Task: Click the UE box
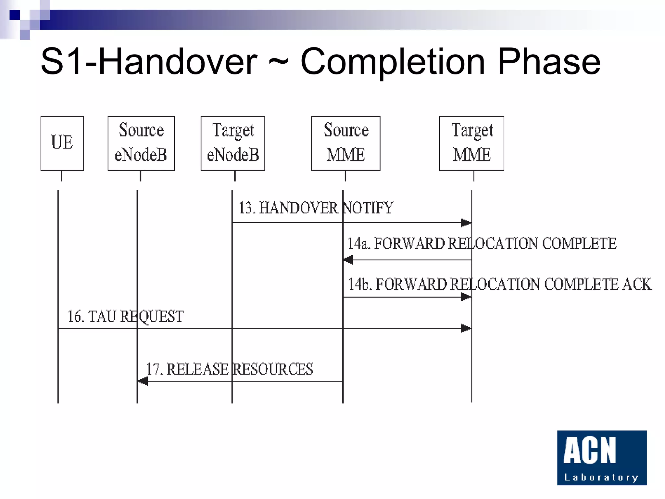(62, 143)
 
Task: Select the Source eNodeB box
(141, 143)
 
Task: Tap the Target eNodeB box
(232, 143)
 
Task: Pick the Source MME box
(345, 143)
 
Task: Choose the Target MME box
(471, 143)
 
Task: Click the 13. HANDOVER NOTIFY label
(316, 208)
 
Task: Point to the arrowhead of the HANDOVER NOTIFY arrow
(466, 223)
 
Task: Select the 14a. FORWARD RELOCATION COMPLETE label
(482, 244)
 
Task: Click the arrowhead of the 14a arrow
(348, 260)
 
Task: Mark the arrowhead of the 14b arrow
(466, 297)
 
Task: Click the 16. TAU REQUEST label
(125, 316)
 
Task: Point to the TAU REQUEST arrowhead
(466, 328)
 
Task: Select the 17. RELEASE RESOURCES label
(229, 369)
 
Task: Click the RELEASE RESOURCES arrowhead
(143, 381)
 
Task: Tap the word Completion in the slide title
(393, 62)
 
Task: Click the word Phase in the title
(549, 62)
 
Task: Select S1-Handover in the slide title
(149, 62)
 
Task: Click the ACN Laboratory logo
(602, 458)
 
